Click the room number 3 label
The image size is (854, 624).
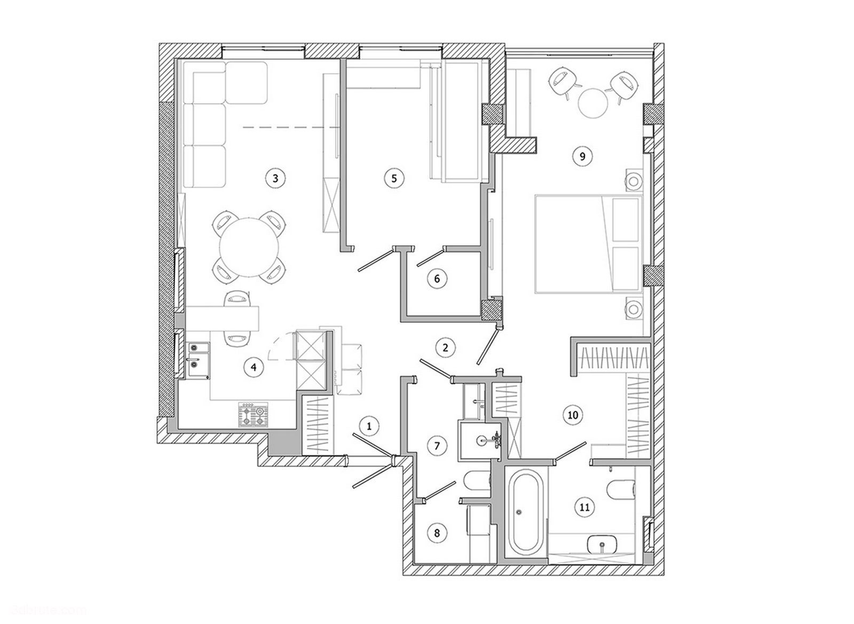pos(275,178)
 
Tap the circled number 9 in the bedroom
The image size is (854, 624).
pos(582,156)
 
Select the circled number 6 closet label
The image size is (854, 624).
pos(437,278)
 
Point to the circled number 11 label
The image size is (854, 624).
pos(584,507)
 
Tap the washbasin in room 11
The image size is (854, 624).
pos(602,546)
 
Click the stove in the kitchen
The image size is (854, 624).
pos(253,414)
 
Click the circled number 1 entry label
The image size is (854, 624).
pos(369,425)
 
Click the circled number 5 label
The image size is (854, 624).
pos(394,178)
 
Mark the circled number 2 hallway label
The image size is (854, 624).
pos(445,347)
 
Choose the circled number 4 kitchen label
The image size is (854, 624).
pos(254,367)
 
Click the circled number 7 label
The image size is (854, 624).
pos(437,445)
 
